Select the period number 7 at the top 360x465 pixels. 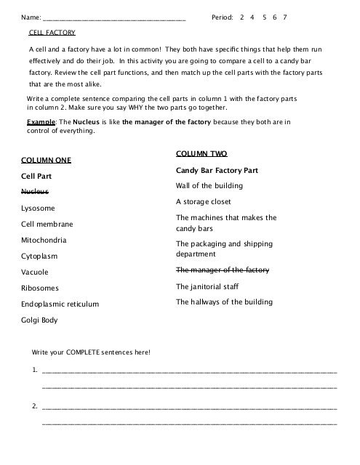286,16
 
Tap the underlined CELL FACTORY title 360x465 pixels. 52,33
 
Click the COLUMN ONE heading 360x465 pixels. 46,159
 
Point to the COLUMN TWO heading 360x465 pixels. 201,154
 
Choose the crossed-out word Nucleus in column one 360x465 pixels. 34,191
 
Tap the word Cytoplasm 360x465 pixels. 39,256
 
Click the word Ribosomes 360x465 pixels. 40,288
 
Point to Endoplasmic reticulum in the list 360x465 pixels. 60,304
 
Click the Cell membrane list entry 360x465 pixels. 47,224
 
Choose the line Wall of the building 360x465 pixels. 209,185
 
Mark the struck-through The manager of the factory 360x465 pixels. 223,270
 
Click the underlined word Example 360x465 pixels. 40,122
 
